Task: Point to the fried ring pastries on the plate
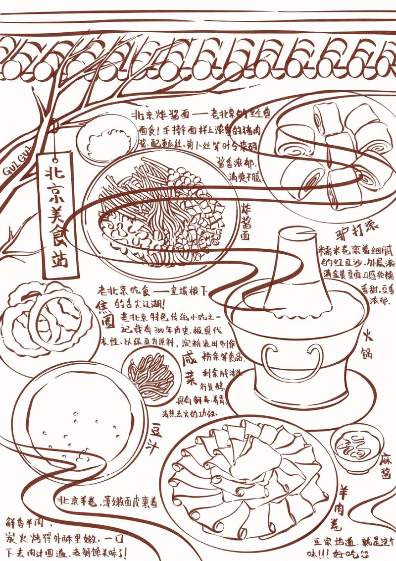tap(47, 320)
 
